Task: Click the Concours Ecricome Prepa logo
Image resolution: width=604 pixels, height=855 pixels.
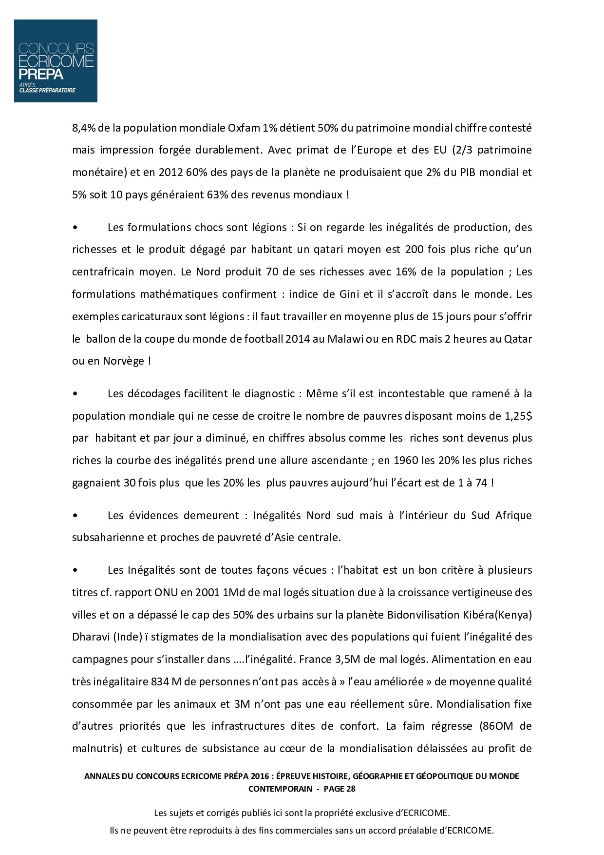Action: pyautogui.click(x=56, y=61)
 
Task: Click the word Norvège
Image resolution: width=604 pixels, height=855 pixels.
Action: pyautogui.click(x=123, y=361)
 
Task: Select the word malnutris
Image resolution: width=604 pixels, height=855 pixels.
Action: pyautogui.click(x=98, y=749)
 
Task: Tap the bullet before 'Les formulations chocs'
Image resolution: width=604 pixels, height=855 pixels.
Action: pyautogui.click(x=75, y=228)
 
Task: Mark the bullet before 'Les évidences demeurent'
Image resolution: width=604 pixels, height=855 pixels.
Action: pyautogui.click(x=75, y=516)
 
